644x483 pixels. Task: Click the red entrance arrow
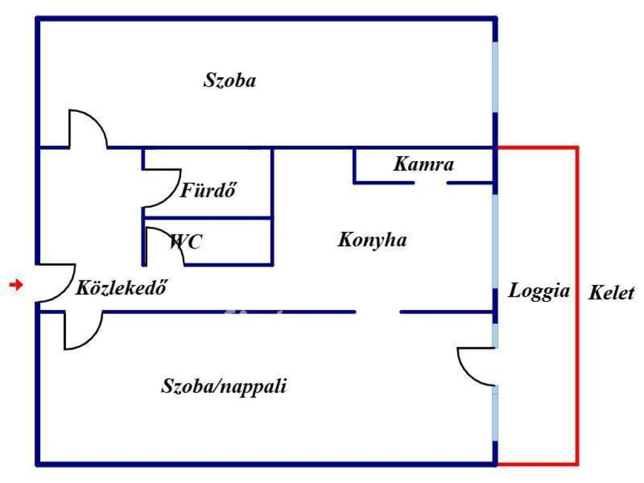[16, 286]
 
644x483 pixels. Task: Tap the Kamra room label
[423, 165]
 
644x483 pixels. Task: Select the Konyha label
[372, 240]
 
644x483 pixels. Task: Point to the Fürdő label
[208, 190]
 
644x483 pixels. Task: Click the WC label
[186, 241]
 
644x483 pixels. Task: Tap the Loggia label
[539, 291]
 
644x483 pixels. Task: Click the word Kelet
[611, 293]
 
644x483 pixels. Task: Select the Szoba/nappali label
[224, 386]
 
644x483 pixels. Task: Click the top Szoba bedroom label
[230, 80]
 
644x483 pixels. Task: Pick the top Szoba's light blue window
[496, 77]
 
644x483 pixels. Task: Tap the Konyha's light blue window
[496, 241]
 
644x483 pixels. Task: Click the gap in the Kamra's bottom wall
[431, 183]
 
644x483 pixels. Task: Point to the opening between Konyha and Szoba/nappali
[378, 312]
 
